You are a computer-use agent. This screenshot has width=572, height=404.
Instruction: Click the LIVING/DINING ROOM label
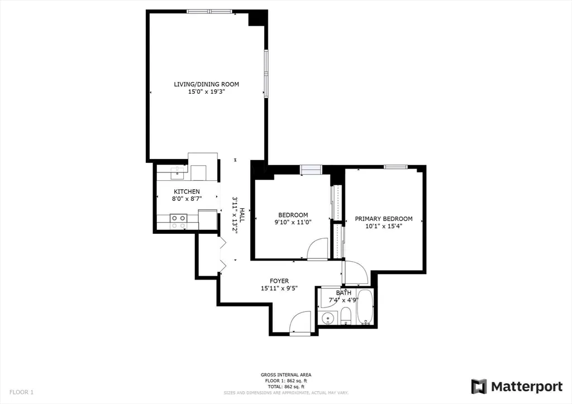tap(206, 84)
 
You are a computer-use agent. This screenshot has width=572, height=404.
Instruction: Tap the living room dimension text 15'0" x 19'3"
tap(206, 92)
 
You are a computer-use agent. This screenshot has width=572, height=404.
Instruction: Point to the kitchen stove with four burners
tap(179, 222)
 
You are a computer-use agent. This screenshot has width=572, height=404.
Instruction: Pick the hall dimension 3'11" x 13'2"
tap(235, 214)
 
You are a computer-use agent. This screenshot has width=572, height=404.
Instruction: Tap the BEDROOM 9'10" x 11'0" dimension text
tap(293, 222)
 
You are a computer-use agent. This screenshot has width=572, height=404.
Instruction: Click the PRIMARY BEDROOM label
tap(384, 219)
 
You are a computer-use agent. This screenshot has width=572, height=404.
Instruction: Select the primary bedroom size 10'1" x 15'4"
tap(384, 226)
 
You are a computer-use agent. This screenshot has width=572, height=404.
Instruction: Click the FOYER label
tap(279, 281)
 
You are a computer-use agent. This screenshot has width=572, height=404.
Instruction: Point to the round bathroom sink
tap(327, 318)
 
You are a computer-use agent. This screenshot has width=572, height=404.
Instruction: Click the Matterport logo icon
tap(479, 386)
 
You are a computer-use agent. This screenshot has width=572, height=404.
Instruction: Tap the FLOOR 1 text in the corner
tap(20, 392)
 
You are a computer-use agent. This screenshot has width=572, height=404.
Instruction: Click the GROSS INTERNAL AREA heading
tap(286, 374)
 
